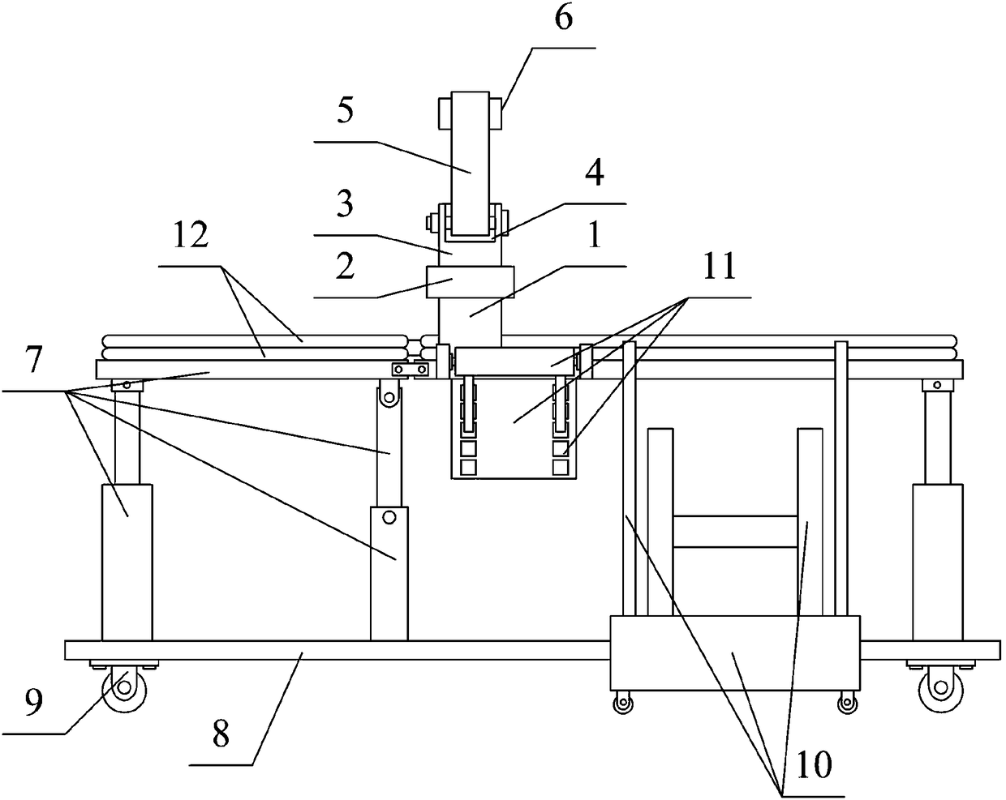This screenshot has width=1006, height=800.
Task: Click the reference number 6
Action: tap(563, 19)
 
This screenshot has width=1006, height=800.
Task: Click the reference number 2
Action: tap(346, 267)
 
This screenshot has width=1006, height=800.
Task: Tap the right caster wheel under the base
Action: tap(935, 690)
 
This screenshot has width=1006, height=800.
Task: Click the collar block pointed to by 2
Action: tap(471, 284)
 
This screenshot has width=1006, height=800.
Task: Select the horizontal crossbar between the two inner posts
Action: tap(735, 532)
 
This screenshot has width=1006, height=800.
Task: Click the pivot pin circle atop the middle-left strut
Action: tap(389, 396)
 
